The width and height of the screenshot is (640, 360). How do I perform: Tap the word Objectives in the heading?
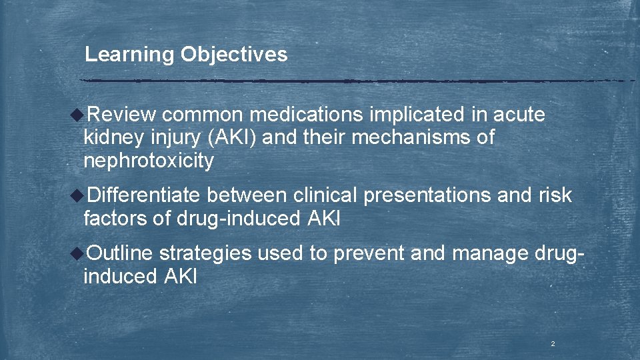click(x=234, y=55)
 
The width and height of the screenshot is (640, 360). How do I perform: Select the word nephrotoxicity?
click(x=149, y=161)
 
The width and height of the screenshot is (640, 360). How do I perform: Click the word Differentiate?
click(x=143, y=195)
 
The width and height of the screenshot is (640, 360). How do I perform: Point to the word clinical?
click(x=325, y=195)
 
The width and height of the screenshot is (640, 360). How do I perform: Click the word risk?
click(x=555, y=195)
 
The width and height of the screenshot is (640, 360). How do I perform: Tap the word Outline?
click(x=120, y=253)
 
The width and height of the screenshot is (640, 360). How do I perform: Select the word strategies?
click(x=205, y=253)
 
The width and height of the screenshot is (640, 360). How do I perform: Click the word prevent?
click(x=368, y=253)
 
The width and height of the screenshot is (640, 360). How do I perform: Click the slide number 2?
click(x=553, y=344)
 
